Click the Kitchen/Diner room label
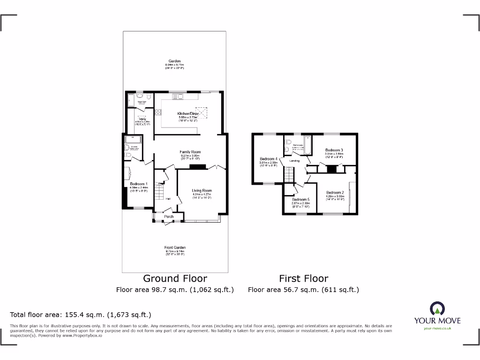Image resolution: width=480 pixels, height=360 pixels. coord(188,114)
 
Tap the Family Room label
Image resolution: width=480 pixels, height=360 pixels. coord(190,152)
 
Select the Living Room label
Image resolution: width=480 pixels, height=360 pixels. coord(202,191)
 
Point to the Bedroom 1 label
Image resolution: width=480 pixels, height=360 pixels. coord(139,184)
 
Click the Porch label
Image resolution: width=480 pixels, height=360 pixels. coord(169,217)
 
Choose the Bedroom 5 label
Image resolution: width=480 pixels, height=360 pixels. coord(300,199)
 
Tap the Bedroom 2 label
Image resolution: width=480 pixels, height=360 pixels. coord(335,193)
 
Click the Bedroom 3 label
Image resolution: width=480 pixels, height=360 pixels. coord(334,150)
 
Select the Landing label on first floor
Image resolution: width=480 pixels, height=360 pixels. coord(294,161)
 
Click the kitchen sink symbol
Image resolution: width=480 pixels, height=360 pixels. coord(178,97)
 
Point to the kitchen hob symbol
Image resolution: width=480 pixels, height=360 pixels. coord(159,112)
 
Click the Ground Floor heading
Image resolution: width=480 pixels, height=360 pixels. coord(175,279)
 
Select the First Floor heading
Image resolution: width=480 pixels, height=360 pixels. coord(304,279)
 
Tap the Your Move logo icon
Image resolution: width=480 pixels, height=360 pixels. coord(437,308)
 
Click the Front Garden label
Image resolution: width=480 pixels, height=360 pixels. coord(175,247)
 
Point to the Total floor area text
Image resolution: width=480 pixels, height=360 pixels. coord(81,315)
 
